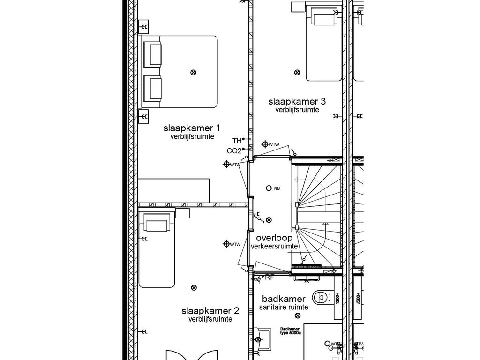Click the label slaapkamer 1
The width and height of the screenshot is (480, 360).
click(192, 128)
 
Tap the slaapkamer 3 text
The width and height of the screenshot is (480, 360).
click(297, 101)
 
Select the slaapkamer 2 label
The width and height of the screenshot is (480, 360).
click(210, 311)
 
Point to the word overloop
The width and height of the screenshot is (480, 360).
click(274, 238)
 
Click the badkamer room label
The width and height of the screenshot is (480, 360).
click(284, 299)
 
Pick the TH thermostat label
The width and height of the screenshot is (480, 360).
click(237, 140)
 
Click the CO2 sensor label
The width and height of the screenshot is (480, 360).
click(234, 151)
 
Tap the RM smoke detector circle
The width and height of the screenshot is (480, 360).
click(269, 188)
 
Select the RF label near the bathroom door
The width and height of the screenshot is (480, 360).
click(270, 277)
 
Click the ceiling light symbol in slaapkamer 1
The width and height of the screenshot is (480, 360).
click(193, 72)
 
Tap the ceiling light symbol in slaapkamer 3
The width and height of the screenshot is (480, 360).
click(297, 72)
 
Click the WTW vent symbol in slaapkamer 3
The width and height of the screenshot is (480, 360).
click(265, 144)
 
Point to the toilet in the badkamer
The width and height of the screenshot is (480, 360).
click(321, 296)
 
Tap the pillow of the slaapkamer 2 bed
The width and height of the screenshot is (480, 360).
click(157, 225)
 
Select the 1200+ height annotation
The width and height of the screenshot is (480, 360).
click(337, 298)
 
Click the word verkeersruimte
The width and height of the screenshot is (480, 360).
click(274, 246)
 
